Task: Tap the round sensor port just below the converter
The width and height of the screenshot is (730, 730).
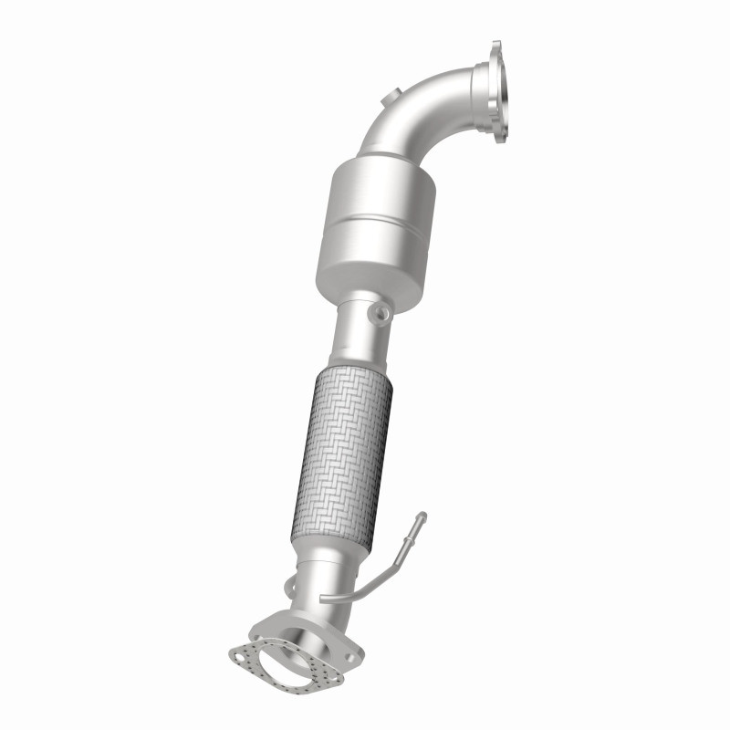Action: click(379, 315)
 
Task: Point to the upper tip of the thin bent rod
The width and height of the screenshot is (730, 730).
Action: click(422, 517)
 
